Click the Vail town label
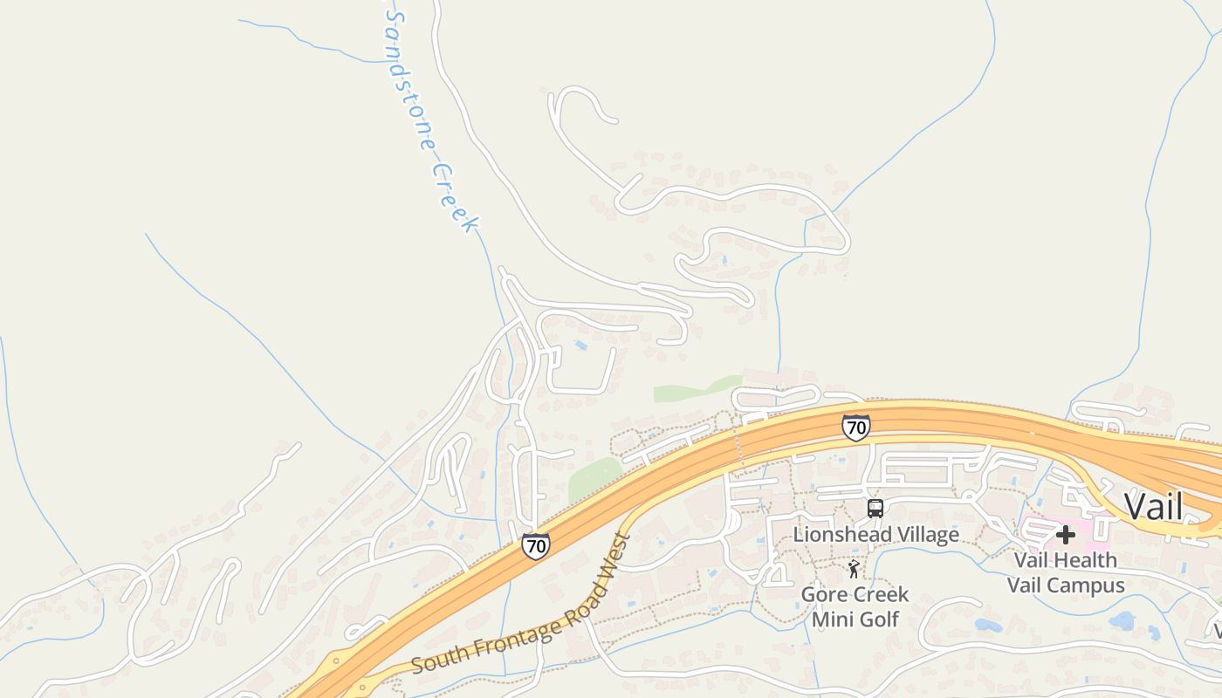[x=1153, y=507]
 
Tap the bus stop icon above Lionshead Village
[x=875, y=509]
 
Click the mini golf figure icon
[x=854, y=570]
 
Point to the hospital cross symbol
[x=1066, y=534]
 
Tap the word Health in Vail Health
[x=1083, y=559]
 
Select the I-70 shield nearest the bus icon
[x=856, y=428]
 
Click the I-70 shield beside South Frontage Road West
[x=536, y=546]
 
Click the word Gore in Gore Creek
[x=823, y=595]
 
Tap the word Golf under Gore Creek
[x=877, y=619]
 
